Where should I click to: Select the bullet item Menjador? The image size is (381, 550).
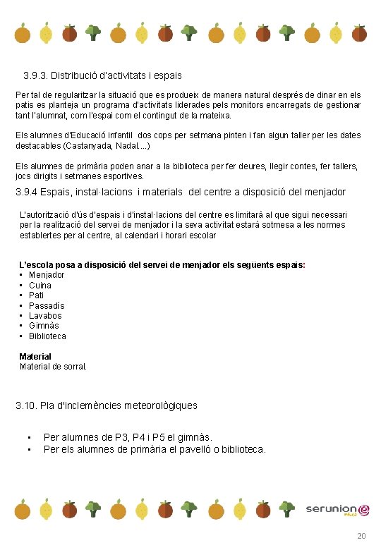click(47, 275)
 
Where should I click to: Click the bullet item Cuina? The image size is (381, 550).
click(40, 286)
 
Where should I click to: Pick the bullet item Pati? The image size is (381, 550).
click(36, 295)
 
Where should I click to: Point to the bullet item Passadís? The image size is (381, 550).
click(47, 306)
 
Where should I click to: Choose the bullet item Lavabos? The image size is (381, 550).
click(45, 316)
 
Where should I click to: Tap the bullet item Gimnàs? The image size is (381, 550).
click(44, 326)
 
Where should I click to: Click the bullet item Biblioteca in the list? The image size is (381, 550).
click(47, 336)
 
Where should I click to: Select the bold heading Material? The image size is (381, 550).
click(35, 357)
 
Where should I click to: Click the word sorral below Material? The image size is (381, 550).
click(74, 367)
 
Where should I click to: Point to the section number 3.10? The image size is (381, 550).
click(26, 405)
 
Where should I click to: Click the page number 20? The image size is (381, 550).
click(362, 537)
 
